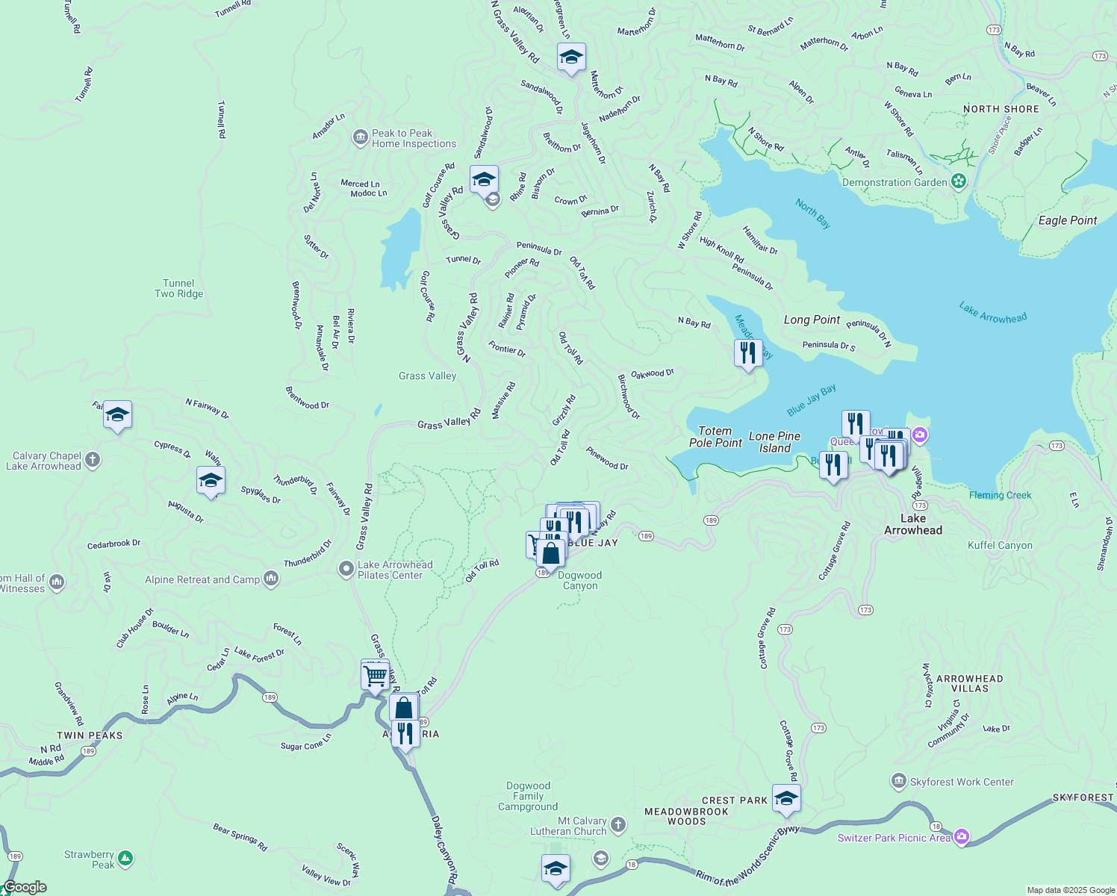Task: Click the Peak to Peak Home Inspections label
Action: (414, 139)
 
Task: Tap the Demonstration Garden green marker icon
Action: (959, 181)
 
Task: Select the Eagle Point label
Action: (1067, 220)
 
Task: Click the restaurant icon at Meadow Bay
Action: (748, 352)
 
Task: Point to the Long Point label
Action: (812, 320)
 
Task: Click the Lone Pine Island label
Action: (774, 442)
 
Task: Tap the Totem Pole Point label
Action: (715, 437)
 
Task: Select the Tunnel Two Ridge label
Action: (178, 288)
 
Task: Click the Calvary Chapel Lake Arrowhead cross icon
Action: (93, 460)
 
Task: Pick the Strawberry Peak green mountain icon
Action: (125, 859)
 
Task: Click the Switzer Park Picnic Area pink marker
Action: (962, 837)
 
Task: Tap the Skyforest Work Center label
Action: (962, 782)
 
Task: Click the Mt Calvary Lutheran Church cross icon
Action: (617, 825)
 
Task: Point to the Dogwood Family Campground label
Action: (528, 796)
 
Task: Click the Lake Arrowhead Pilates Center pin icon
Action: (346, 570)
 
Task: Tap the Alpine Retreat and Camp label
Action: (202, 579)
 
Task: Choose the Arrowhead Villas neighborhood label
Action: (969, 683)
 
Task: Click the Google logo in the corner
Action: (25, 887)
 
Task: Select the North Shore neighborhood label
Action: (1001, 109)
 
